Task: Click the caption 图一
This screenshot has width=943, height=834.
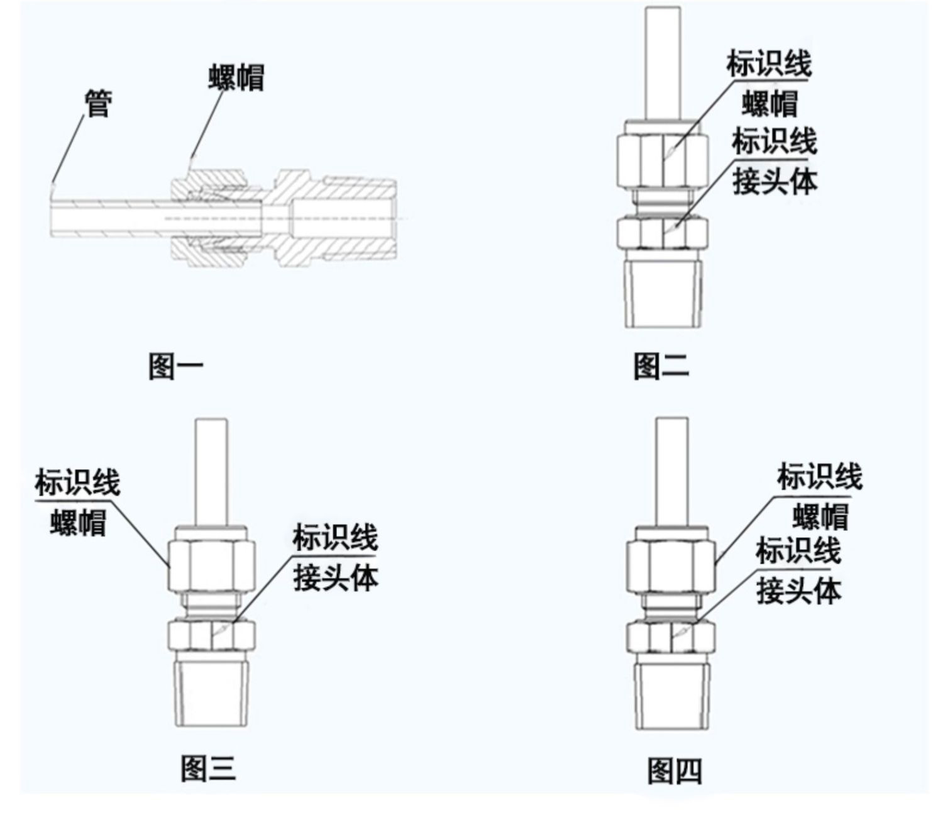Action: (x=176, y=366)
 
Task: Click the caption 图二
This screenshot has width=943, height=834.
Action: (x=661, y=366)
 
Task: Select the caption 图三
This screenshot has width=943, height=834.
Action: (x=208, y=768)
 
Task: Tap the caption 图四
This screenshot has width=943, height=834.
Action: (x=675, y=770)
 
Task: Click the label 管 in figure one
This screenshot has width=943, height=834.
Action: (x=98, y=104)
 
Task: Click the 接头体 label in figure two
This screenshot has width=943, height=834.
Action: (x=775, y=182)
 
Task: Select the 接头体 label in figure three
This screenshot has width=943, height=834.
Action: (x=336, y=577)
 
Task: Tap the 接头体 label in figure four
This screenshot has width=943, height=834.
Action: (x=798, y=591)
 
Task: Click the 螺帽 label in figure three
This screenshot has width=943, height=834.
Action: (x=78, y=522)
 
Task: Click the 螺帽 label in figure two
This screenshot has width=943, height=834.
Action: (x=769, y=104)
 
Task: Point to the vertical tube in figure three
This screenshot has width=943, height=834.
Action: (x=211, y=472)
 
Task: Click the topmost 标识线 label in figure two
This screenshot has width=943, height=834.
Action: (x=768, y=64)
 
